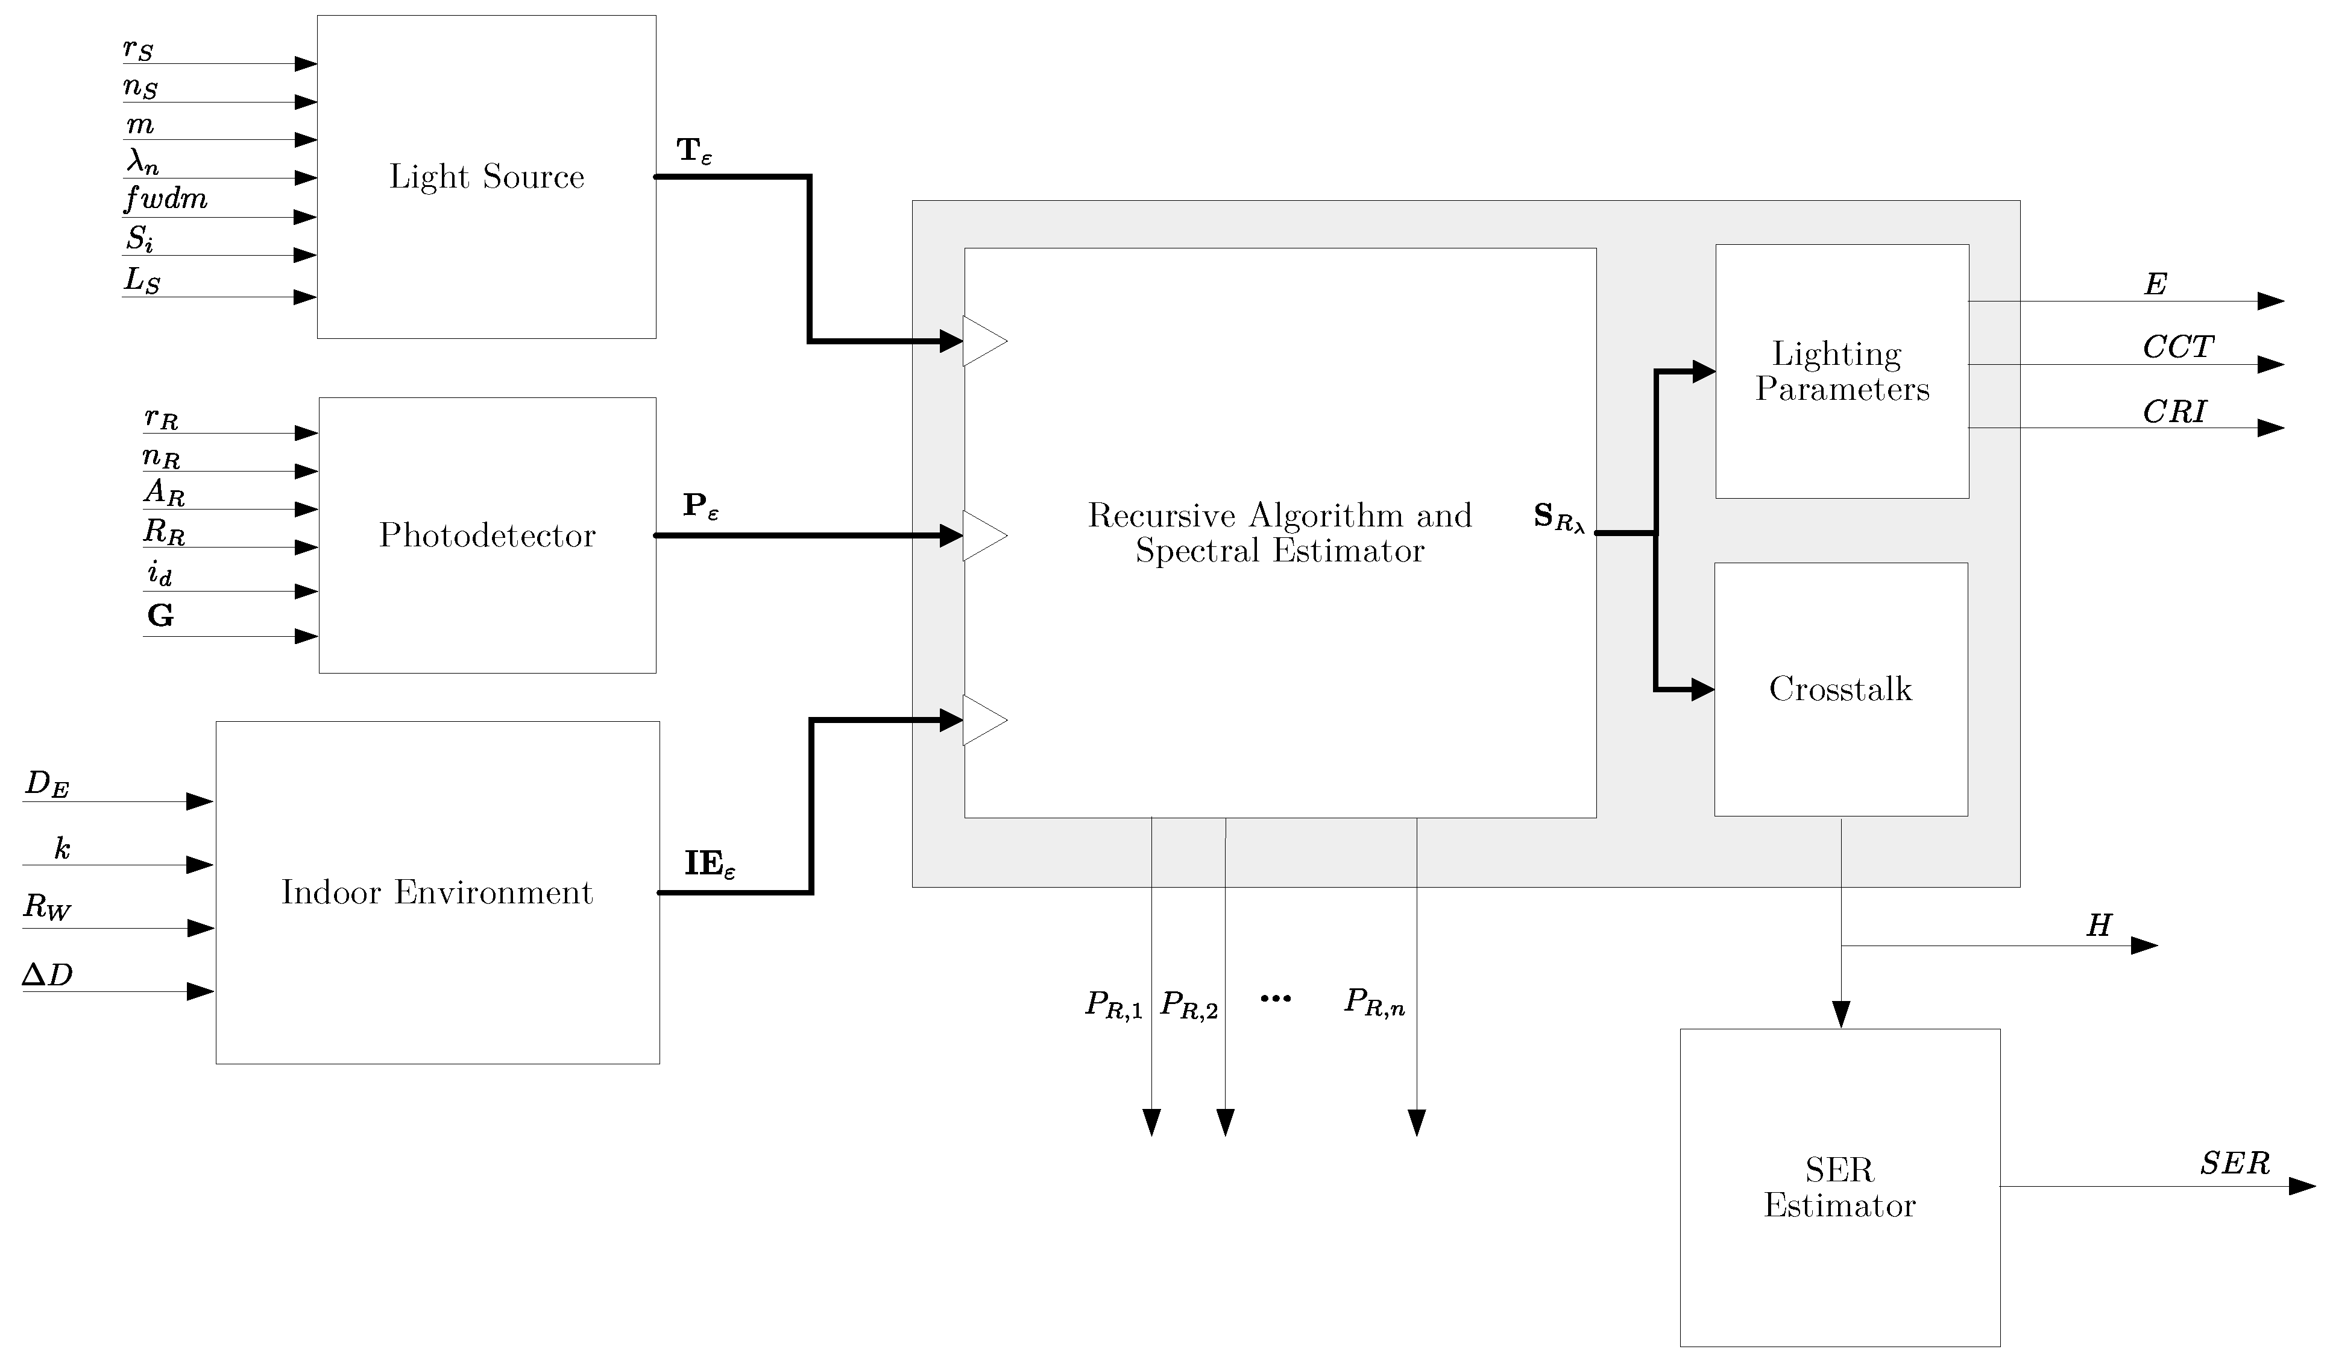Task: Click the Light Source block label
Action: pos(486,177)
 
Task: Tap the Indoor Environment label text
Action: pos(436,892)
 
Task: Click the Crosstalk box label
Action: pos(1840,689)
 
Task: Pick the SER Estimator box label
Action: pos(1839,1188)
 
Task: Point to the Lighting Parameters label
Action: pos(1842,371)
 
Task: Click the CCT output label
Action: pos(2178,348)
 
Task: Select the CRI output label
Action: pos(2174,411)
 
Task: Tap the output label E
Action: pos(2155,284)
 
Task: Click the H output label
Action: pos(2099,926)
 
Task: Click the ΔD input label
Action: pos(47,974)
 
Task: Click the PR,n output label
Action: pos(1374,1002)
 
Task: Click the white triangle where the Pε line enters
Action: pos(982,535)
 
